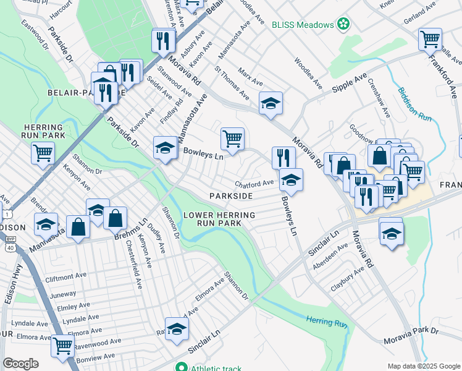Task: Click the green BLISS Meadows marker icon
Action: tap(343, 25)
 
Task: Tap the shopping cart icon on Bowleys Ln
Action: tap(232, 139)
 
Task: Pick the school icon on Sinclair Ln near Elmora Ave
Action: tap(176, 328)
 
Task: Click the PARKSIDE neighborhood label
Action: tap(231, 195)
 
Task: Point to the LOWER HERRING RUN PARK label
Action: tap(212, 218)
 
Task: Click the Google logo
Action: tap(20, 364)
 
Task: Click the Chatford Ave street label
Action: tap(254, 184)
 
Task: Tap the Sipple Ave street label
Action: tap(350, 83)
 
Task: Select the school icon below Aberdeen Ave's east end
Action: tap(391, 235)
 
